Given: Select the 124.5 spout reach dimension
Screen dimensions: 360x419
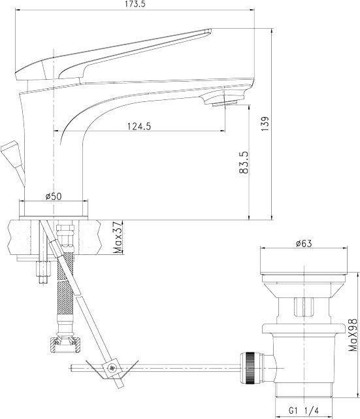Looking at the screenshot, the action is (139, 126).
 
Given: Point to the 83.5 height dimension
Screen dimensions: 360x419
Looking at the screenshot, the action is (244, 163).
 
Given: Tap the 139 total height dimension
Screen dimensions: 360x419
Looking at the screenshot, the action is (265, 124).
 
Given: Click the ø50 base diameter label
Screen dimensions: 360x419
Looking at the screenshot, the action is (54, 196).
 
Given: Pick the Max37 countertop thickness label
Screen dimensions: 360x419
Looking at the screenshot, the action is (118, 237).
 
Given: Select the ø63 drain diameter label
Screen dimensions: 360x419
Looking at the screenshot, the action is (304, 243).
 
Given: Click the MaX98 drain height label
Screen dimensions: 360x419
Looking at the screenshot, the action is (353, 335).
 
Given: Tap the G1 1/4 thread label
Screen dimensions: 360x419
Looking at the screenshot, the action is (304, 410).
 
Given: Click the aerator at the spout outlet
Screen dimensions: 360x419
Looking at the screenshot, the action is (225, 103).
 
